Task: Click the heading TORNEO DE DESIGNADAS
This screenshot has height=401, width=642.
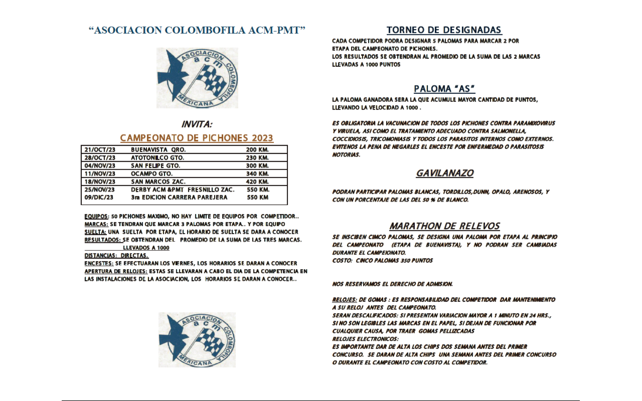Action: [x=444, y=30]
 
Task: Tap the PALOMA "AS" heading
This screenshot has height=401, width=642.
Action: [x=444, y=89]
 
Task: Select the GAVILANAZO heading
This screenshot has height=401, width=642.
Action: [x=445, y=173]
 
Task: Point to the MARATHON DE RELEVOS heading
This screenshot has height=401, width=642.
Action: [x=444, y=226]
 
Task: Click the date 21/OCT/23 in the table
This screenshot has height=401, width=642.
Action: [x=100, y=150]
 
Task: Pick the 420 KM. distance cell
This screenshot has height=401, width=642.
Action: [x=257, y=182]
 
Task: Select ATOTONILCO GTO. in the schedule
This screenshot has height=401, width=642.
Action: [x=158, y=158]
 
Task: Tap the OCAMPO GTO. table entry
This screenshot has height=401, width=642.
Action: [x=152, y=173]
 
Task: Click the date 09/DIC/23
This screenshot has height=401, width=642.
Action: [x=99, y=197]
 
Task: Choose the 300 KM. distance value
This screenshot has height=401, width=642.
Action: [x=257, y=166]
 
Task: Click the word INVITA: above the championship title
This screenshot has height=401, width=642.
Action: [x=197, y=124]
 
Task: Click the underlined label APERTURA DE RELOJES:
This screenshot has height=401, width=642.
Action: [x=116, y=271]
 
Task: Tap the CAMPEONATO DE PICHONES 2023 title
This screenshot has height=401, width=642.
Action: [x=197, y=138]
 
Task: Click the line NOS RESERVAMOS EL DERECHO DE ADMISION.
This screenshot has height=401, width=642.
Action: [x=392, y=284]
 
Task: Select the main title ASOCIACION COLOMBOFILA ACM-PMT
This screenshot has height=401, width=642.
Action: [x=197, y=30]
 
